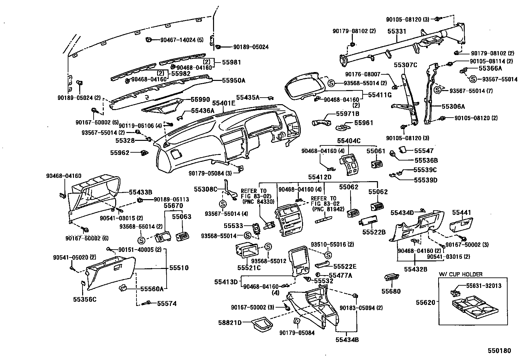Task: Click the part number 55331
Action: [x=397, y=31]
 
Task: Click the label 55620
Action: [x=425, y=302]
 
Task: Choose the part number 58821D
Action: [x=230, y=323]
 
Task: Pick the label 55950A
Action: [x=234, y=80]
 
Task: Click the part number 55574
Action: [x=167, y=304]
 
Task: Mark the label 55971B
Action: [x=348, y=114]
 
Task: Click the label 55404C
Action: [x=349, y=141]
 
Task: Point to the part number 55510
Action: [x=179, y=268]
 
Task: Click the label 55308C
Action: [x=206, y=189]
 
